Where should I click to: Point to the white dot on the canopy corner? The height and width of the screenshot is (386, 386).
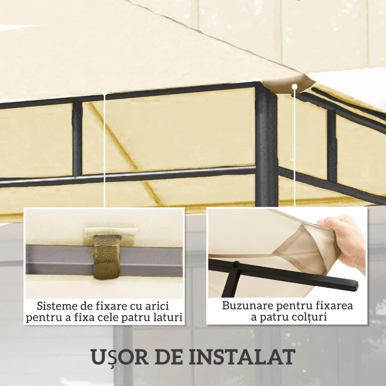(294, 86)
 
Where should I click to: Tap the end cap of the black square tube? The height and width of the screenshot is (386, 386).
(356, 286)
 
